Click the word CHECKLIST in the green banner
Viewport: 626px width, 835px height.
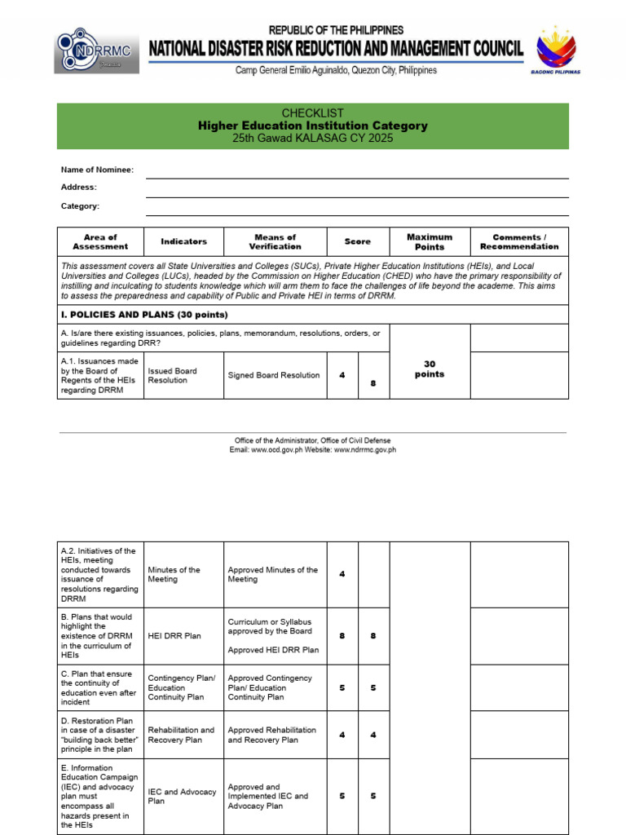click(x=312, y=113)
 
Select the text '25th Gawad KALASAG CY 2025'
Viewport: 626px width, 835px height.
click(x=312, y=139)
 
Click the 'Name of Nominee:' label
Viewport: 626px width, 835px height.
click(x=97, y=170)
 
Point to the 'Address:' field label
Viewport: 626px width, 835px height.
click(x=79, y=188)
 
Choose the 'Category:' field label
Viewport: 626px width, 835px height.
click(x=80, y=206)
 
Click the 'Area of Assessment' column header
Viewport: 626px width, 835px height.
click(x=100, y=241)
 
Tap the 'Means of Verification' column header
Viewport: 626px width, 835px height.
click(x=275, y=241)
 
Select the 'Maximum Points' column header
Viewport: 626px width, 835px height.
click(x=430, y=241)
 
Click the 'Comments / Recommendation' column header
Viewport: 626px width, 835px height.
click(x=519, y=241)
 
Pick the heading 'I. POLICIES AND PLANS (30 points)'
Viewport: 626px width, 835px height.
click(x=144, y=315)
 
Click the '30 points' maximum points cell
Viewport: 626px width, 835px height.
click(x=430, y=369)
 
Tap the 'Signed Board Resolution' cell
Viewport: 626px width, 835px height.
click(x=274, y=375)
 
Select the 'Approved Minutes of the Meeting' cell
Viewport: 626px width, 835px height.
click(x=273, y=574)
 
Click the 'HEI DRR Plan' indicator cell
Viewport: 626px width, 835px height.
click(x=174, y=635)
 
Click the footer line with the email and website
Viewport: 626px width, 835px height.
click(x=312, y=449)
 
